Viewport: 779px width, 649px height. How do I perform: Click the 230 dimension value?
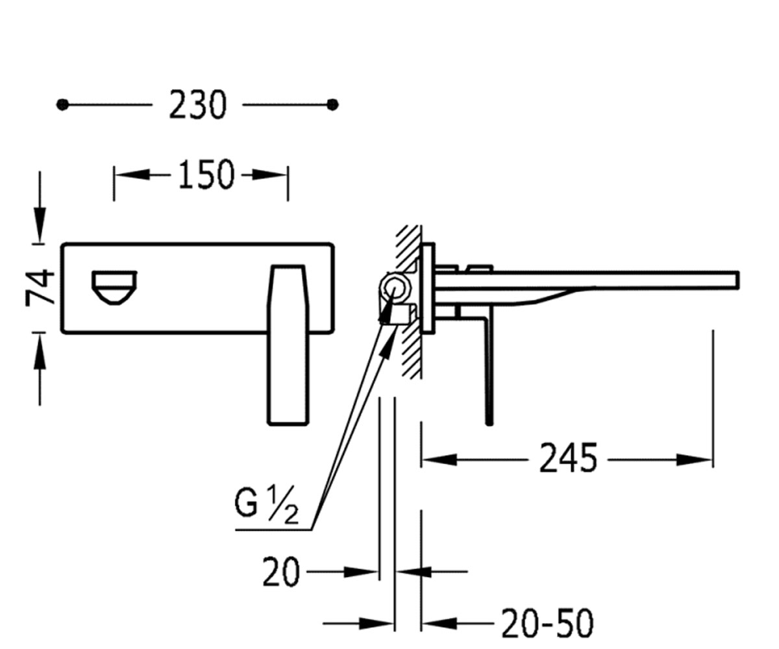pos(198,104)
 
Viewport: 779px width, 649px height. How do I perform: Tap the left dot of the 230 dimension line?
pos(62,104)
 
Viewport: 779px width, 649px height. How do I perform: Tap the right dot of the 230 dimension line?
pos(332,104)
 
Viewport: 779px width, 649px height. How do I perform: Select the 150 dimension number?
pos(206,175)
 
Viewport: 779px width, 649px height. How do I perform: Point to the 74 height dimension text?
pos(40,288)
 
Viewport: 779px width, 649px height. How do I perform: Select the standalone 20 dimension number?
pos(281,572)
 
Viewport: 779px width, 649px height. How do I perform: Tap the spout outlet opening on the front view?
pos(114,288)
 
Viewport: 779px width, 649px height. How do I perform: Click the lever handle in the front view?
pos(288,345)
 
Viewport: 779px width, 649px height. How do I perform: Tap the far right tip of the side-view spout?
pos(738,280)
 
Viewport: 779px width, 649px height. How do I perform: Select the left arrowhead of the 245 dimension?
pos(439,460)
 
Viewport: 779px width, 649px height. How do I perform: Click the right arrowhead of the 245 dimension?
pos(695,460)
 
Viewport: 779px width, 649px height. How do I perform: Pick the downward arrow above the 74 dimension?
pos(40,224)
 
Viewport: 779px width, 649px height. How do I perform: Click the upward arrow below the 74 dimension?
pos(40,351)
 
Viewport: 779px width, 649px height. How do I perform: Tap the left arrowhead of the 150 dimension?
pos(131,175)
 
